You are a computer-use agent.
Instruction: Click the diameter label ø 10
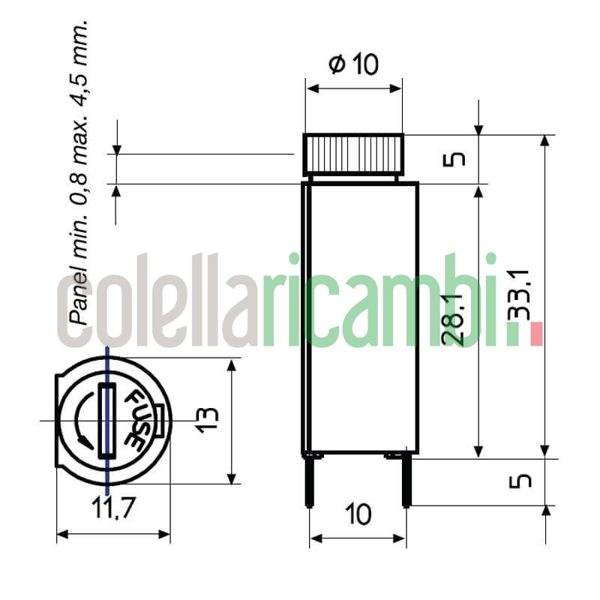pyautogui.click(x=354, y=65)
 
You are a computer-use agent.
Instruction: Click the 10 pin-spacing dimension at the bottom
pyautogui.click(x=358, y=515)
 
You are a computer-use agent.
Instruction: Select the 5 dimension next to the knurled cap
pyautogui.click(x=458, y=159)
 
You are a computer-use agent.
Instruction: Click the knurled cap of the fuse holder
pyautogui.click(x=353, y=153)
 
